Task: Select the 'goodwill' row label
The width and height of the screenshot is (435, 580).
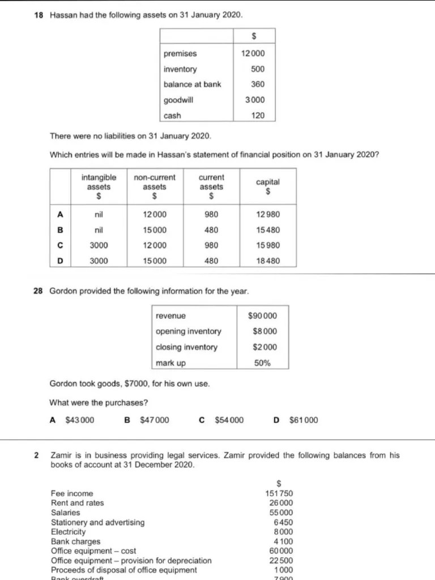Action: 178,100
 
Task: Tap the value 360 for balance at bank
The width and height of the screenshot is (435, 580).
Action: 258,84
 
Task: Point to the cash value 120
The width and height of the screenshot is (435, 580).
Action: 258,116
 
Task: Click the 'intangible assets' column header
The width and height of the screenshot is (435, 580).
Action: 99,186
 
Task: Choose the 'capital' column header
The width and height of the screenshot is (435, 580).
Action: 268,186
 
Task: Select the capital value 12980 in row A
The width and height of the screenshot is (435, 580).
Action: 268,215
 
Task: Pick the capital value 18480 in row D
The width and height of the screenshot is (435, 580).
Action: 268,261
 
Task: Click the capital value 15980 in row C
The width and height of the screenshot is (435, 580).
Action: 268,246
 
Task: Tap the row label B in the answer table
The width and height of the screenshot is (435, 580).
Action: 61,230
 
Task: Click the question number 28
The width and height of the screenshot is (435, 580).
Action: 39,291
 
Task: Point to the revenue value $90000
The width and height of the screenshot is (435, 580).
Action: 263,315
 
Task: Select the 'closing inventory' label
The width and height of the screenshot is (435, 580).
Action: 186,347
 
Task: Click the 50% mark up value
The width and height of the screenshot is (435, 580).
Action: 262,363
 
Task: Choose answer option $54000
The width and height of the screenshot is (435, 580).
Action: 229,420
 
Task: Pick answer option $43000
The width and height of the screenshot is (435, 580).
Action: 80,420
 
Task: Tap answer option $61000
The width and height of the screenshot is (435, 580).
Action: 304,420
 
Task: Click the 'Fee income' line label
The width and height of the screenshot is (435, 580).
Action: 72,493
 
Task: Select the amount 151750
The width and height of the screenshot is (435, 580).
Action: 279,493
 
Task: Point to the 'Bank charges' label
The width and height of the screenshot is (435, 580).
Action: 75,541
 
